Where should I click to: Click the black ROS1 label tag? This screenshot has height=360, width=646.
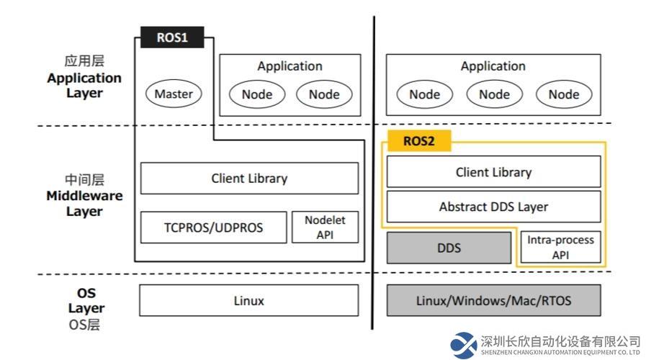[172, 37]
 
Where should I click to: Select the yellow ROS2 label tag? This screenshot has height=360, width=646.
[419, 141]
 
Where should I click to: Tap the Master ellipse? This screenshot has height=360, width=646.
[174, 94]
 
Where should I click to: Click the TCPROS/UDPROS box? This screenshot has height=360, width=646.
[213, 228]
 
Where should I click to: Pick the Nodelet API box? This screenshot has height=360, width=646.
[325, 228]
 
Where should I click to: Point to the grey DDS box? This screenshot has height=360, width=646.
[449, 248]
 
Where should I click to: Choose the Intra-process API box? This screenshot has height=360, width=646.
[561, 247]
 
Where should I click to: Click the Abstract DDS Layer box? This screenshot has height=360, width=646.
[493, 207]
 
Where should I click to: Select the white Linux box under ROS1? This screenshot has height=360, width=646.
[249, 300]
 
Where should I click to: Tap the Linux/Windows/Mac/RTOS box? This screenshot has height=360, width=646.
[493, 300]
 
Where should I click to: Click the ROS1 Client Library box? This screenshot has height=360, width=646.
[249, 179]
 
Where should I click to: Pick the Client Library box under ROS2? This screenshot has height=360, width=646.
[493, 172]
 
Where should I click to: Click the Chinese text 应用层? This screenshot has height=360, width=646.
[84, 61]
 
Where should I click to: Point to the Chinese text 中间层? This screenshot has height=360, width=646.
[84, 180]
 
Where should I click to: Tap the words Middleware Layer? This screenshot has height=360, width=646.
[84, 204]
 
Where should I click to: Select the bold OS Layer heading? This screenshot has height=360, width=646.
[86, 300]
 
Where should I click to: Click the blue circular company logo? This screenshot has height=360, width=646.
[464, 345]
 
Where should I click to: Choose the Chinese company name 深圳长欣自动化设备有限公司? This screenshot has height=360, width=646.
[560, 341]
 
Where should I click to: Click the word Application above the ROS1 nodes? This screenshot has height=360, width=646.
[290, 66]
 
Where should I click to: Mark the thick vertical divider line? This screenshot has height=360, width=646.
[373, 173]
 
